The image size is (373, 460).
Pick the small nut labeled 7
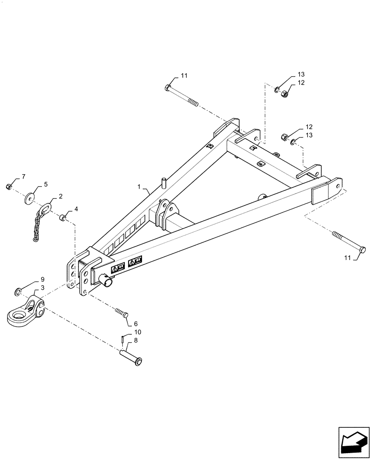tap(9, 186)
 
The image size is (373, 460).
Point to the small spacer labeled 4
tap(62, 217)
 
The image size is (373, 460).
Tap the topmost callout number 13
tap(301, 75)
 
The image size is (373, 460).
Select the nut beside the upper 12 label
tap(284, 92)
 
